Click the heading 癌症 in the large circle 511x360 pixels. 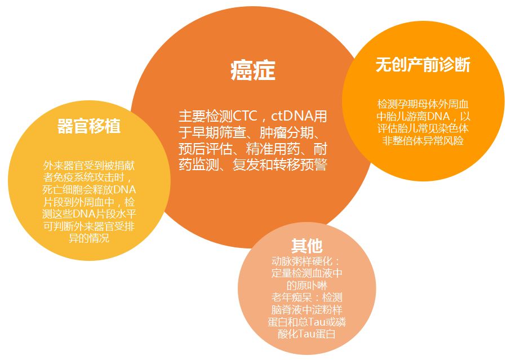coord(253,70)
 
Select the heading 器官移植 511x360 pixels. coord(89,126)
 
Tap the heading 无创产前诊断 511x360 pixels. coord(423,64)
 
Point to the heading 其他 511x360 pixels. coord(306,246)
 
